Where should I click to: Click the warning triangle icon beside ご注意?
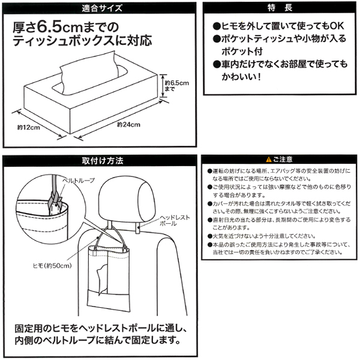pos(260,160)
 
